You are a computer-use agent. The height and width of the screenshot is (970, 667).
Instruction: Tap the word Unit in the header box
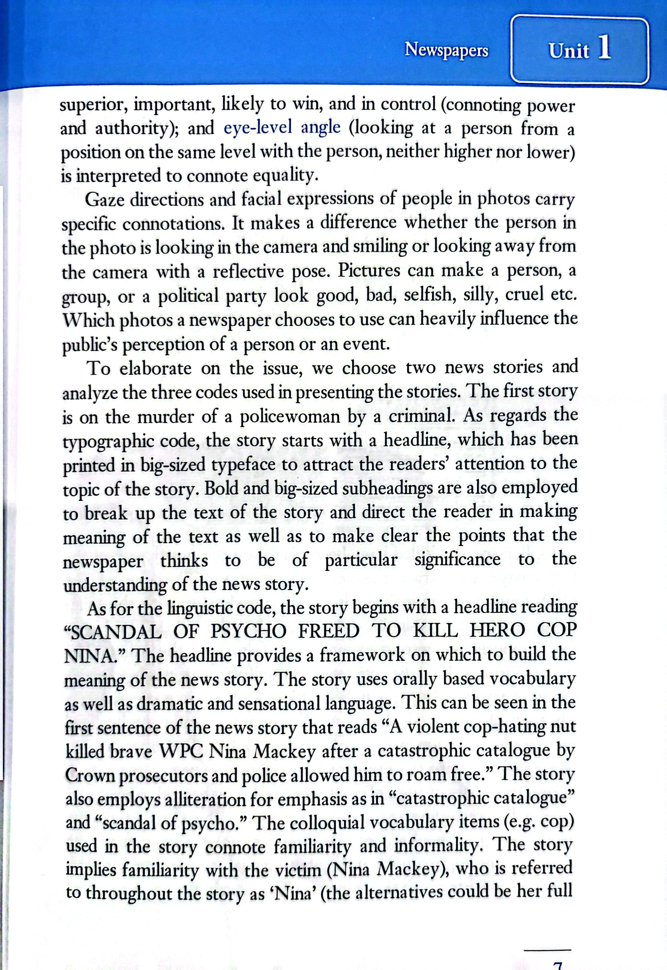tap(568, 51)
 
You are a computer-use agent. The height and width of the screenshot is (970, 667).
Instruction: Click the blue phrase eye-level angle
tap(282, 128)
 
